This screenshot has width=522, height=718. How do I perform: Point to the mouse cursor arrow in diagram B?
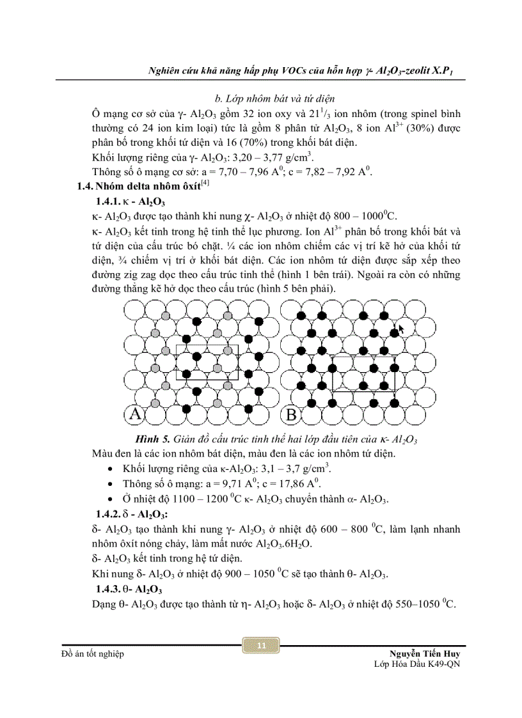401,329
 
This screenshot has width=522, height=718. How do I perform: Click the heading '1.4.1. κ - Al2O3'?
130,202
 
